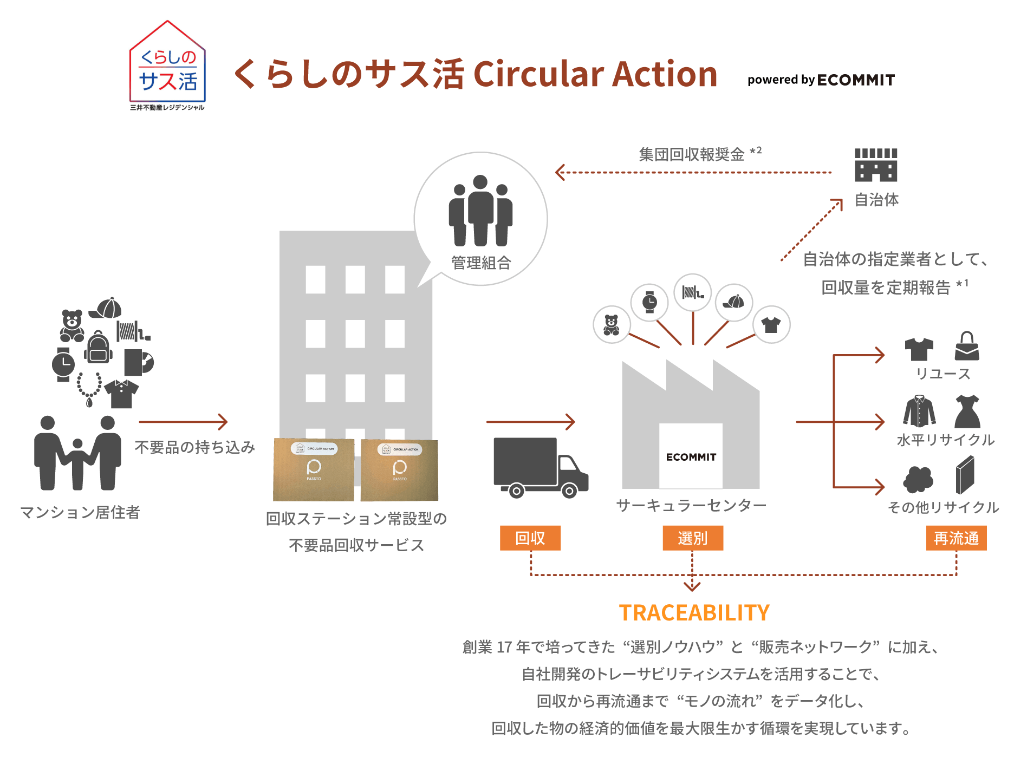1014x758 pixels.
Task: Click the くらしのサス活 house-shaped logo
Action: point(167,65)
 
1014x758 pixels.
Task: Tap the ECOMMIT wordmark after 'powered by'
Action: point(856,80)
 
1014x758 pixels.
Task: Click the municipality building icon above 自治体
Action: point(876,165)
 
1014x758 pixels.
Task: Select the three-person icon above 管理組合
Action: point(480,211)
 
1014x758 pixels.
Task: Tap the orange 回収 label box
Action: point(530,538)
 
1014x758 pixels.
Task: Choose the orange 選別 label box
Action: point(693,538)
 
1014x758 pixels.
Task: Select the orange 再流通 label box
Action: point(956,538)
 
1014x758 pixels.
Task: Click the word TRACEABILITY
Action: point(694,613)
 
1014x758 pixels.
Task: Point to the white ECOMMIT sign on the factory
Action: point(691,457)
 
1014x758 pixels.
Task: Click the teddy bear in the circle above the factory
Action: point(612,325)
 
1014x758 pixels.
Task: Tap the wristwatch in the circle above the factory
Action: point(649,302)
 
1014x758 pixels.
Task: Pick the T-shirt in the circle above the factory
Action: point(771,325)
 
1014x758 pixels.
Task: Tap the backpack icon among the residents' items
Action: point(98,348)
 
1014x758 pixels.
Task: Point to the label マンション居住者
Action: point(80,512)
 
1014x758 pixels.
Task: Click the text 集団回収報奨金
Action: point(692,155)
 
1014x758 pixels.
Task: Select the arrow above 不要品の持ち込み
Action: point(183,422)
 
